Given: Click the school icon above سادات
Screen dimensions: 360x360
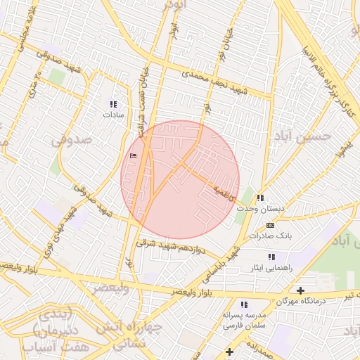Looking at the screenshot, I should [x=114, y=103].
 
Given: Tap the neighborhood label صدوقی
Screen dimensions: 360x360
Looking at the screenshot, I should [x=72, y=141].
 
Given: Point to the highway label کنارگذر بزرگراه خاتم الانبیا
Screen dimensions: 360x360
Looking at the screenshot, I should [x=323, y=71].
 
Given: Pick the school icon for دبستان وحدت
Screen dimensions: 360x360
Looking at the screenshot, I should [x=261, y=198].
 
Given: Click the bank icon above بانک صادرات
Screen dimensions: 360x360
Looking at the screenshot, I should [x=271, y=225].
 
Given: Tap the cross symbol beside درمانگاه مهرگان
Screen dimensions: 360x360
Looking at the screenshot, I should [x=301, y=290].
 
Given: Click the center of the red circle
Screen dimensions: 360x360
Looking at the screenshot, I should [x=180, y=179].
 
